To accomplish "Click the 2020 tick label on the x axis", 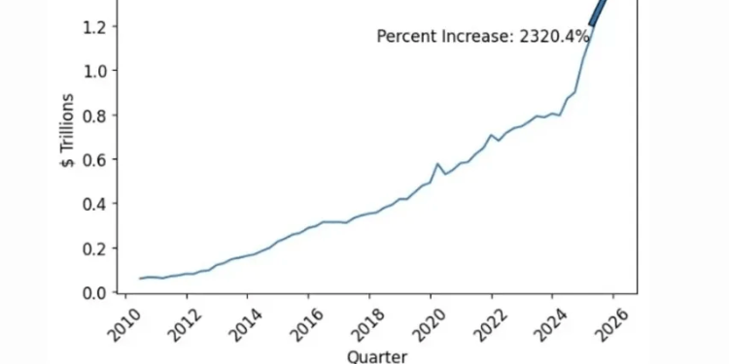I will tap(422, 317).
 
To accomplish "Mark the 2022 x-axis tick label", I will tap(483, 317).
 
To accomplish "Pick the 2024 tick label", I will tap(543, 317).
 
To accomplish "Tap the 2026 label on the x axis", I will tap(605, 317).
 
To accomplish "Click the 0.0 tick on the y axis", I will tap(94, 292).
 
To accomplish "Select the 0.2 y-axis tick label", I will tap(94, 248).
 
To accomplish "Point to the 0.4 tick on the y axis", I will tap(94, 204).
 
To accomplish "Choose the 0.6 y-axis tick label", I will tap(94, 159).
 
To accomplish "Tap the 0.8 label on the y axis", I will tap(94, 116).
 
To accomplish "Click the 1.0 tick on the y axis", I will tap(94, 71).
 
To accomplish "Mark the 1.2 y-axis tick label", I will tap(94, 27).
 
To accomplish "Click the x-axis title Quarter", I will tap(376, 355).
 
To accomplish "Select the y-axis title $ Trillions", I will tap(67, 131).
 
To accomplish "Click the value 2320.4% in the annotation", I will tap(555, 37).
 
